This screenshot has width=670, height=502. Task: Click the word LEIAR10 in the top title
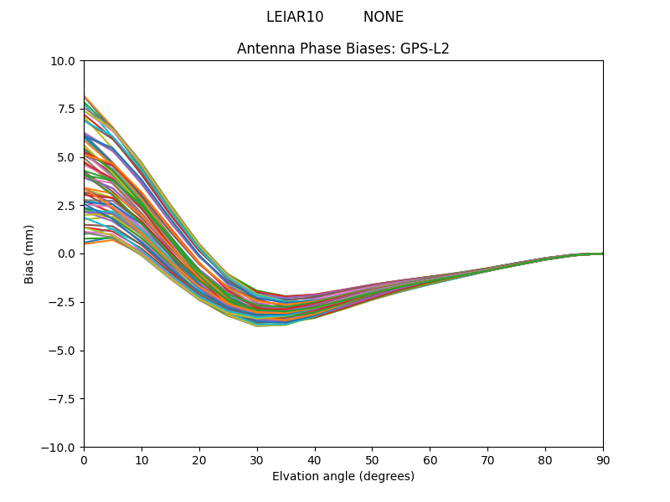[295, 17]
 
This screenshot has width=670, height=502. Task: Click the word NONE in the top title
[384, 17]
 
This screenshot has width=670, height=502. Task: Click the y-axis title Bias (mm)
[29, 254]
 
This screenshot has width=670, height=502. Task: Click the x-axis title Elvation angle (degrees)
[343, 477]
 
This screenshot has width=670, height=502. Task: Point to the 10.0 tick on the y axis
[63, 60]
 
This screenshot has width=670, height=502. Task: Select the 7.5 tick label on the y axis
[65, 109]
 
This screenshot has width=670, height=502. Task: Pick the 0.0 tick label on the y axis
[65, 254]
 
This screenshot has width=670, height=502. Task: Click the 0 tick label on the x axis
[84, 460]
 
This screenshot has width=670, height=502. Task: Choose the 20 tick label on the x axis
[199, 460]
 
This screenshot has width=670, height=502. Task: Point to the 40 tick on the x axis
[315, 460]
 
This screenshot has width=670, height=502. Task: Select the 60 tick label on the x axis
[430, 460]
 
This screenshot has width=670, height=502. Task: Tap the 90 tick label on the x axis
[603, 460]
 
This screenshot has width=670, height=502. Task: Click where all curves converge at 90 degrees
[602, 254]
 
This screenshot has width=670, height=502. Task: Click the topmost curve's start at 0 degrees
[85, 96]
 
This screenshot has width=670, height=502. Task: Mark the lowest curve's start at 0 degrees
[85, 243]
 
